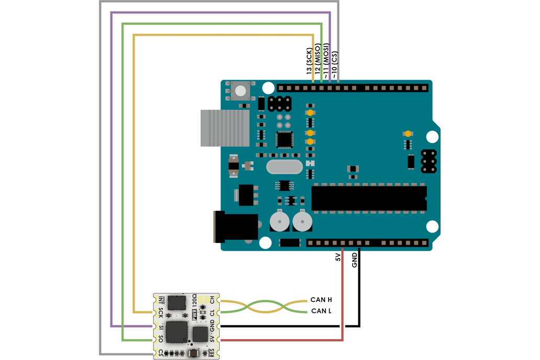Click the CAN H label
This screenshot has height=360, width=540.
[x=321, y=300]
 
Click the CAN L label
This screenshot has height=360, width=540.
[x=321, y=311]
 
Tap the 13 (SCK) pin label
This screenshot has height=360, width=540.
[x=309, y=61]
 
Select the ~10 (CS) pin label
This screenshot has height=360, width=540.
[x=335, y=65]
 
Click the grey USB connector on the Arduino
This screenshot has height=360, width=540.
[x=224, y=128]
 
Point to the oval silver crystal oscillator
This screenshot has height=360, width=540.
[x=284, y=167]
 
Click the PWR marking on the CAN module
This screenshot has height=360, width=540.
[x=195, y=314]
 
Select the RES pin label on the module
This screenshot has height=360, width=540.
[x=212, y=353]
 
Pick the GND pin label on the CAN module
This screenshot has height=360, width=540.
[x=212, y=327]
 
